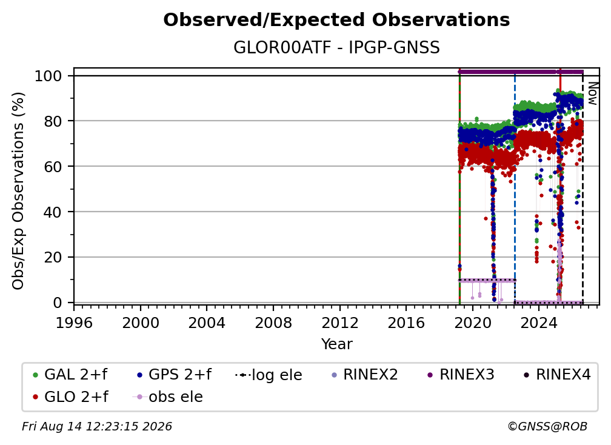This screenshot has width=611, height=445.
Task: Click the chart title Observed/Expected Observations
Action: tap(336, 20)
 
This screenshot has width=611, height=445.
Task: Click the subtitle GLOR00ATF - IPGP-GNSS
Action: tap(336, 48)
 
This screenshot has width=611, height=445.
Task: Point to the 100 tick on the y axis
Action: tap(48, 76)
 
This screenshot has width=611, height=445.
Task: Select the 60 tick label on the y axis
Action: tap(53, 167)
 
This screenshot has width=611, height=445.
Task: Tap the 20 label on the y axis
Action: tap(53, 258)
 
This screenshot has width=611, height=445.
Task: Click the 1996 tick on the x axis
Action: tap(74, 323)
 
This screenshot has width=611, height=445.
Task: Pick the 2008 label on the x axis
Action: tap(273, 323)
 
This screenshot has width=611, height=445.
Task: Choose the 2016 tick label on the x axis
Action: tap(406, 323)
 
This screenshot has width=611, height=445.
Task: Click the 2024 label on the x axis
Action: tap(538, 323)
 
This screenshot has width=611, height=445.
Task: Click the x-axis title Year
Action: tap(336, 344)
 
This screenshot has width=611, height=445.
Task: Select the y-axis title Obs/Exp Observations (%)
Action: tap(18, 191)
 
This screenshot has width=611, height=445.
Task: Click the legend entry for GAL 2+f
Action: tap(70, 375)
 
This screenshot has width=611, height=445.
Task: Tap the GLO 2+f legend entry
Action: tap(70, 397)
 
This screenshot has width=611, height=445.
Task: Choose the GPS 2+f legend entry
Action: tap(174, 375)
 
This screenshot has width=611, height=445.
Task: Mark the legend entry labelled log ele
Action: tap(269, 375)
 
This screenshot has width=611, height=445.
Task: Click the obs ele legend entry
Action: tap(168, 397)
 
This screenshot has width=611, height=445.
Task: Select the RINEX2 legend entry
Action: tap(364, 375)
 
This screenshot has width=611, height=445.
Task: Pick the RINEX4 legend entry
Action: tap(557, 375)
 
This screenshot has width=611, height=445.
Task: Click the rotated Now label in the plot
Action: tap(592, 93)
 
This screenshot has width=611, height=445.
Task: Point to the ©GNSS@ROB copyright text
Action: tap(547, 427)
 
